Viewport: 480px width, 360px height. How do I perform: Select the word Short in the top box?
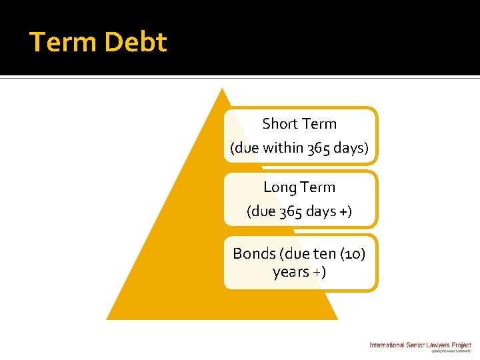point(280,124)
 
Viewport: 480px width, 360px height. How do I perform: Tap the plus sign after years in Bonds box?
point(319,272)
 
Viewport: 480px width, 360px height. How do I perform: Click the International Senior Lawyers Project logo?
point(421,346)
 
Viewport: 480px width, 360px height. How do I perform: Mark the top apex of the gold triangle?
point(221,91)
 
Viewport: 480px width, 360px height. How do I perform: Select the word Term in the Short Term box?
point(318,124)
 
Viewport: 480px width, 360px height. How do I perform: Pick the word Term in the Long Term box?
point(317,187)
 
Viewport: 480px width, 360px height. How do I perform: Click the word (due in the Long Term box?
point(260,211)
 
